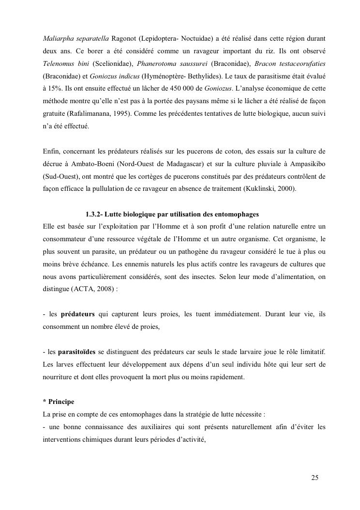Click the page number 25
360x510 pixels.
click(315, 478)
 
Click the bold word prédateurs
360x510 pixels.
click(77, 314)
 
